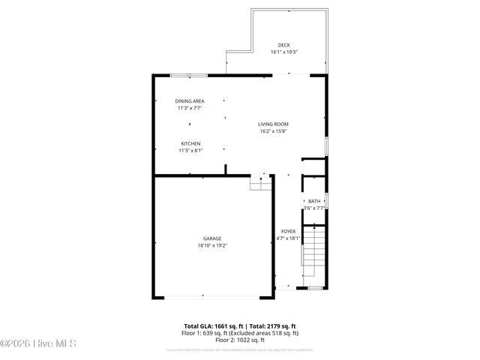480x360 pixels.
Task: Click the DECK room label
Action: (283, 45)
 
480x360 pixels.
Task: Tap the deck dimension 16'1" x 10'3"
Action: (283, 52)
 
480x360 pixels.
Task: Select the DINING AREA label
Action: (190, 100)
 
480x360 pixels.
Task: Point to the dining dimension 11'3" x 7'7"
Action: (190, 108)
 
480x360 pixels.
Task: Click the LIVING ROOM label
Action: (273, 124)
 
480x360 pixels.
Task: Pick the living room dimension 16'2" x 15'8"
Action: (273, 131)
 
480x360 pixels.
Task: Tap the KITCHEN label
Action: (190, 143)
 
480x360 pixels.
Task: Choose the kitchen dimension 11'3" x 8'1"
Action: (190, 151)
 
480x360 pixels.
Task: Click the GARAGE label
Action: (211, 238)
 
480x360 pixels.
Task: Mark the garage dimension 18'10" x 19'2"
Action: (211, 245)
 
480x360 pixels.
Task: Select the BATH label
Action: (313, 201)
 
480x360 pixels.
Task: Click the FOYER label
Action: (288, 231)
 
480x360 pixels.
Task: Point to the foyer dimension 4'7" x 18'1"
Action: (288, 238)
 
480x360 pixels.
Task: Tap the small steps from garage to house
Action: (259, 182)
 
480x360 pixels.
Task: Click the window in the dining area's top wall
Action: (188, 75)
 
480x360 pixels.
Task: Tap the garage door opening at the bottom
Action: (212, 298)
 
